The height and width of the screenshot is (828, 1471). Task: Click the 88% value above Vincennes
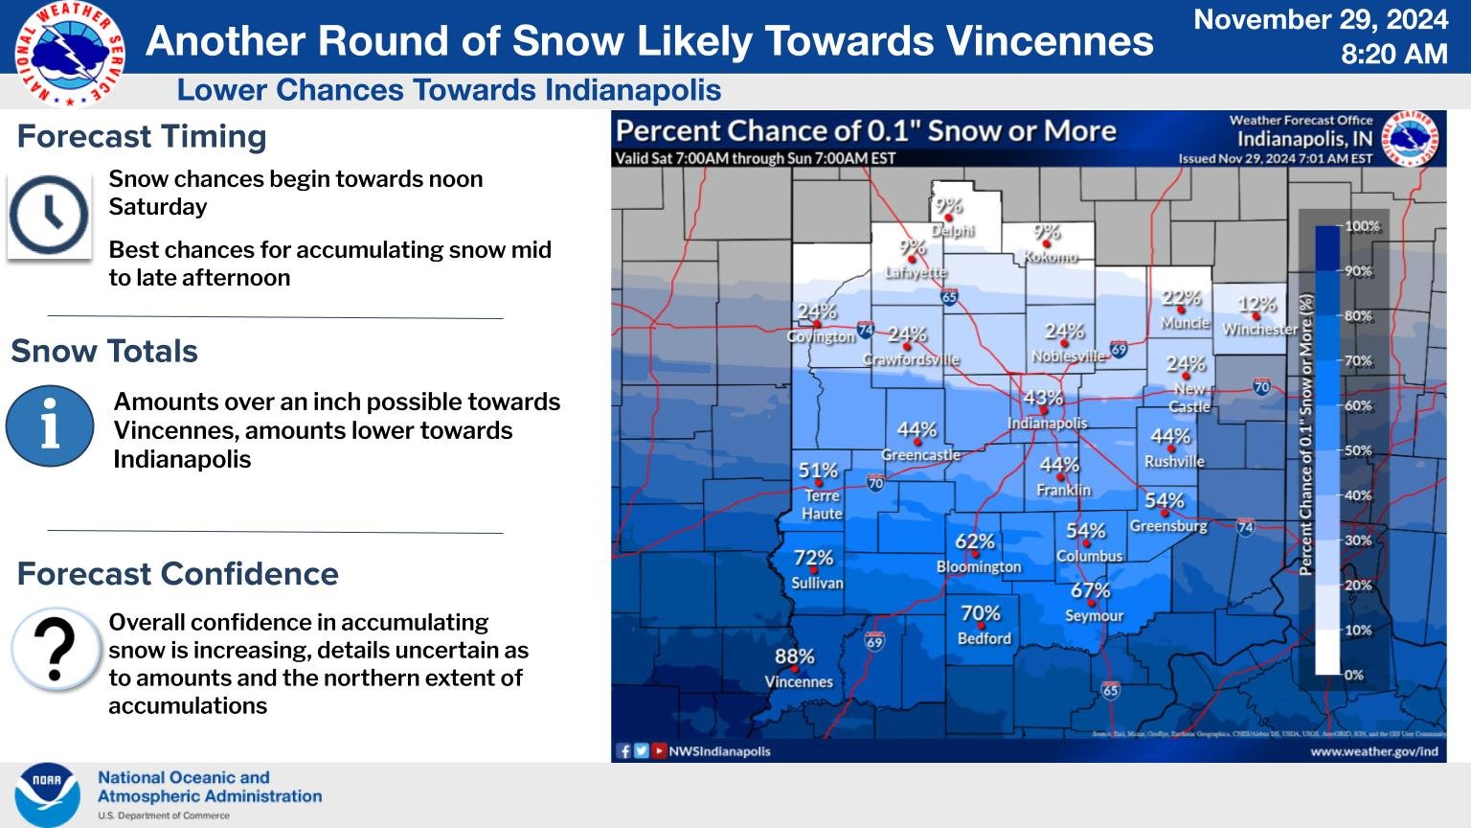point(794,657)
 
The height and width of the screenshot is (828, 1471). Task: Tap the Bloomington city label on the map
point(979,566)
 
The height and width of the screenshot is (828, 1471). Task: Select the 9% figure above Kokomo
point(1047,232)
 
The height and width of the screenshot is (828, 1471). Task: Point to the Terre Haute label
point(822,504)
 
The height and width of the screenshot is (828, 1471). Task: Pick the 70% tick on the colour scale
point(1358,361)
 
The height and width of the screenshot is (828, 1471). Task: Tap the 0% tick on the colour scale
point(1353,675)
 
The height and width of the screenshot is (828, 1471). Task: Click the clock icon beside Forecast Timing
point(49,215)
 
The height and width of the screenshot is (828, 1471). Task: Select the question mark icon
point(56,649)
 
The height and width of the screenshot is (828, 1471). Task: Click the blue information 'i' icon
point(50,425)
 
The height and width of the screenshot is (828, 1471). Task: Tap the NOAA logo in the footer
point(46,794)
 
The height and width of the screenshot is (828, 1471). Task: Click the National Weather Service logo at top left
point(70,54)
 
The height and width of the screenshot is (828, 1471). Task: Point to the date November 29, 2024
point(1321,19)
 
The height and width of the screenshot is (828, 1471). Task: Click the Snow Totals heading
point(104,351)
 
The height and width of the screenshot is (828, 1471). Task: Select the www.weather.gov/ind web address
point(1373,751)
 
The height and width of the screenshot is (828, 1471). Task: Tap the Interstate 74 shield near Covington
point(865,331)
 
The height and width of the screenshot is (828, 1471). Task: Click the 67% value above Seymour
point(1090,590)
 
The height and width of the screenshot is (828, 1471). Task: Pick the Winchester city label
point(1259,329)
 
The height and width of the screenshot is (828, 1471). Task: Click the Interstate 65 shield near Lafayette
point(949,297)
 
